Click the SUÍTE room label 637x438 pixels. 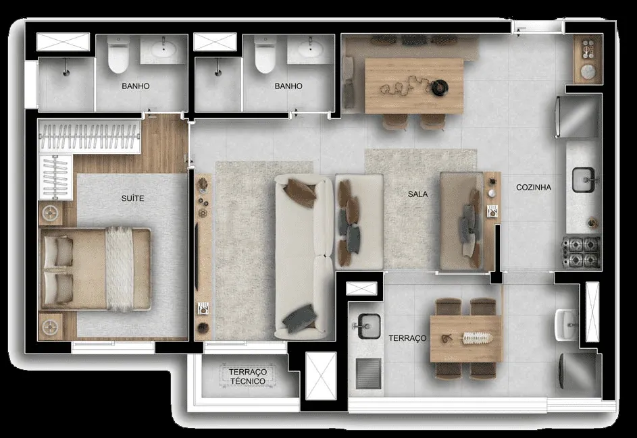[x=132, y=198]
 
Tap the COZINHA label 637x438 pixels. [x=534, y=187]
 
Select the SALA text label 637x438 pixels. [x=417, y=194]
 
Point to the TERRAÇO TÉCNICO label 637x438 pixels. [x=247, y=377]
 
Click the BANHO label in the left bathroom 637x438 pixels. [x=135, y=86]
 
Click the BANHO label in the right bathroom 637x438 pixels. [x=288, y=86]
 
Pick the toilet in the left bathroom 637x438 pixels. [x=118, y=55]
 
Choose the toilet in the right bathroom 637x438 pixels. [x=265, y=55]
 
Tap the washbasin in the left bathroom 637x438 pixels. [x=163, y=49]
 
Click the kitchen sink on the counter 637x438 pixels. [x=584, y=180]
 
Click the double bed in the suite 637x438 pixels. [x=95, y=269]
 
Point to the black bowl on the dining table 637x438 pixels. [x=440, y=87]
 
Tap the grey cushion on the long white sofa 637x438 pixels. [x=299, y=317]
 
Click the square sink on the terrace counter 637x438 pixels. [x=368, y=326]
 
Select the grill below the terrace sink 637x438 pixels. [x=368, y=373]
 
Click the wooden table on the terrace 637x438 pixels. [x=465, y=339]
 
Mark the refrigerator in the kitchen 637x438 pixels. [x=578, y=116]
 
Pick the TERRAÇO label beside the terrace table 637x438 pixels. [x=407, y=338]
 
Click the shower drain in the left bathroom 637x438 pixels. [x=66, y=73]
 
